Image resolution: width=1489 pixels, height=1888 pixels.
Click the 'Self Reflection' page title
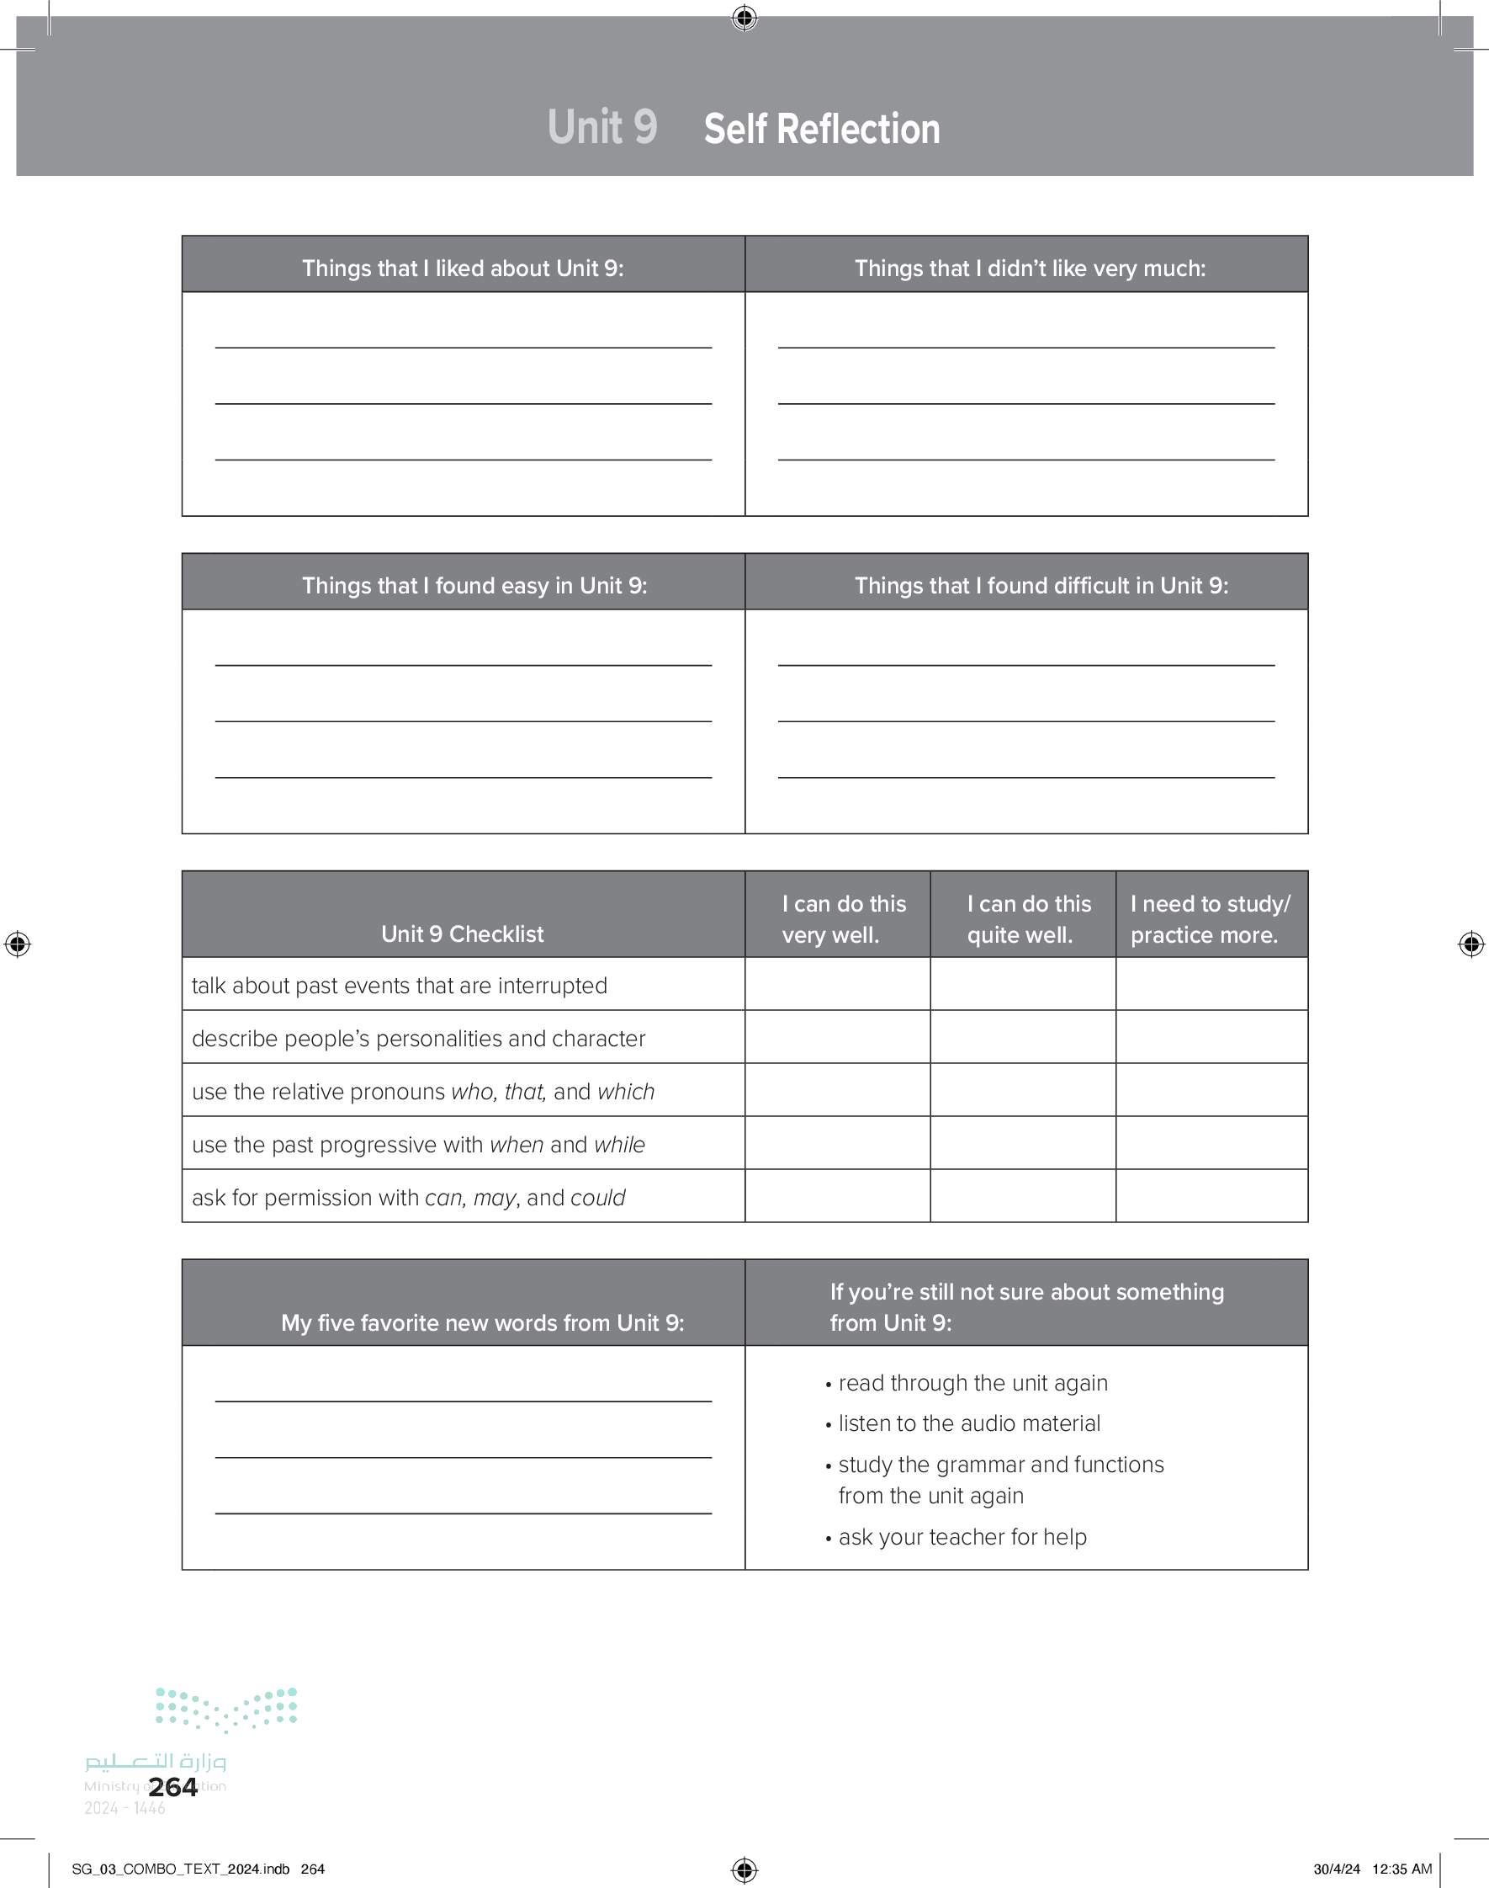tap(821, 129)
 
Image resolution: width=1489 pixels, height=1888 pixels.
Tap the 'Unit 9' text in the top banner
tap(601, 127)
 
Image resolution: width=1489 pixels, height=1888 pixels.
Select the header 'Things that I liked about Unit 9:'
tap(463, 268)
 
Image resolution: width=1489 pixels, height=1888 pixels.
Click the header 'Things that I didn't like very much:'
tap(1030, 268)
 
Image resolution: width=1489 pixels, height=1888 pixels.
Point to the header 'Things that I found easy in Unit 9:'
tap(474, 585)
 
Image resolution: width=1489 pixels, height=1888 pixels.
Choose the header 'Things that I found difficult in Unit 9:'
tap(1041, 585)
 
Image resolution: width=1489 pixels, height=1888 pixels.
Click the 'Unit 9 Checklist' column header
tap(462, 934)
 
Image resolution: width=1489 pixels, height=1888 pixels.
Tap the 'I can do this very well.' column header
tap(843, 919)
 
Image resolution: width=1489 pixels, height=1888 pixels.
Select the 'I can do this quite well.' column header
tap(1028, 919)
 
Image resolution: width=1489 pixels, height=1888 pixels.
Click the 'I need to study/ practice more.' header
tap(1210, 919)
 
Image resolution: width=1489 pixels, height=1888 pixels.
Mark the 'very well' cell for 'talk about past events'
tap(837, 985)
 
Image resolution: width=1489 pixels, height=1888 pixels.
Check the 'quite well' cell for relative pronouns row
tap(1023, 1090)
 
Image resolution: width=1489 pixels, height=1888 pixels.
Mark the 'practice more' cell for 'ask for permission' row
tap(1211, 1195)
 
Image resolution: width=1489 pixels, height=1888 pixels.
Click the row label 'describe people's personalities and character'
tap(418, 1039)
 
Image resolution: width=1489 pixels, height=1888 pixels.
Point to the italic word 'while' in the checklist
tap(619, 1144)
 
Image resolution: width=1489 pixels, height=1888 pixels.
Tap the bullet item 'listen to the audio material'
tap(968, 1423)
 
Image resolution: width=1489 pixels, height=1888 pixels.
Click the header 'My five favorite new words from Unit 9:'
tap(482, 1323)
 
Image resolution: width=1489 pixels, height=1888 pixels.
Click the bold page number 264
tap(172, 1787)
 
